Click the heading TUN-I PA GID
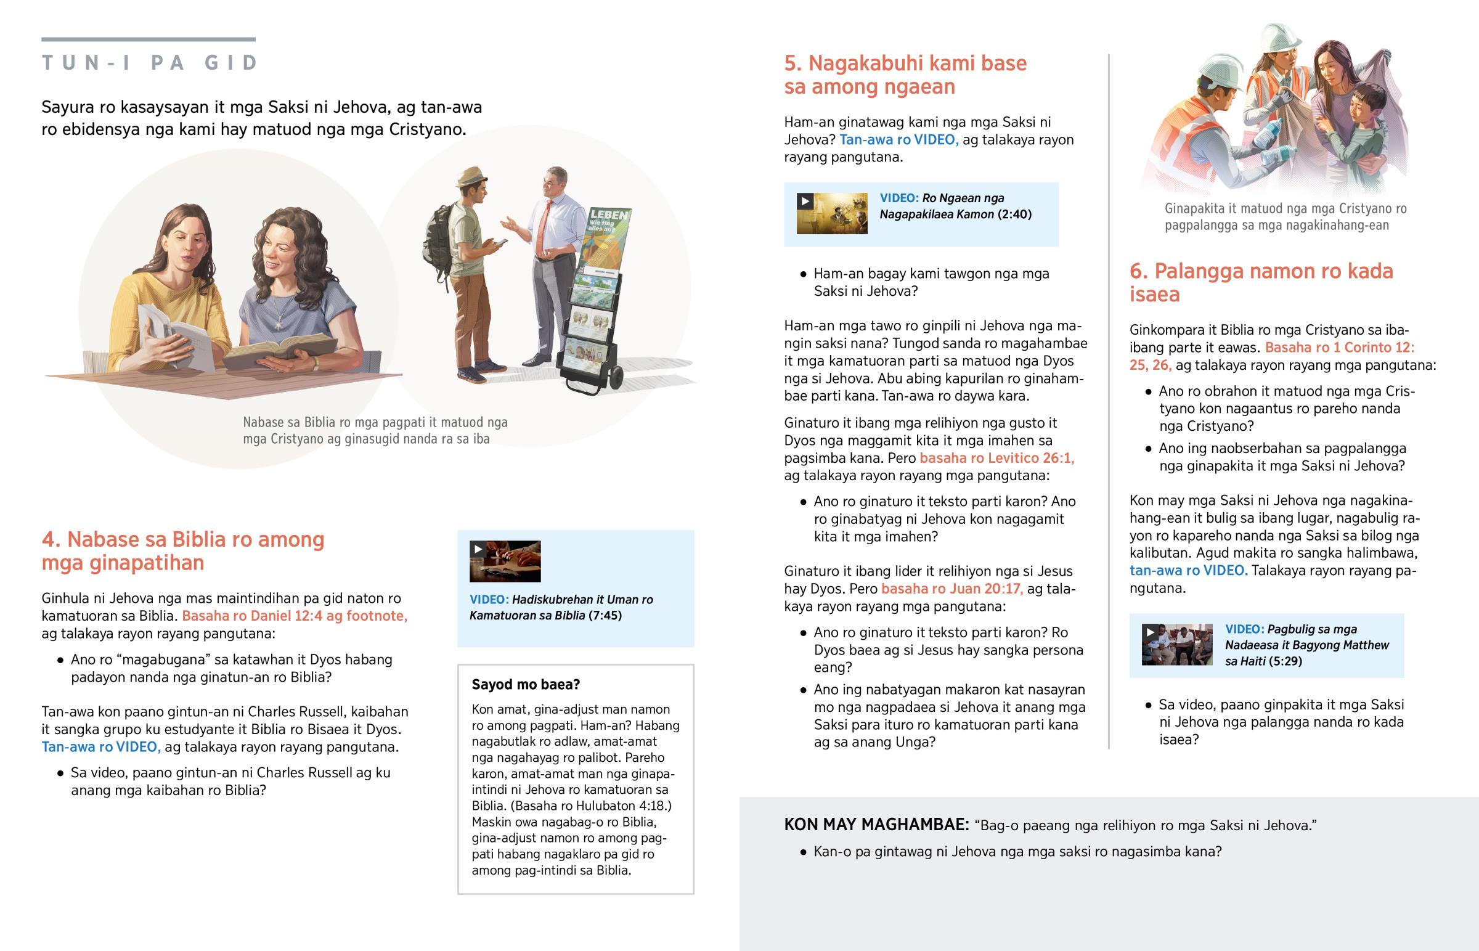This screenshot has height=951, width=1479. pyautogui.click(x=149, y=63)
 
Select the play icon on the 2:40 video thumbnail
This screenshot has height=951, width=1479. pyautogui.click(x=805, y=202)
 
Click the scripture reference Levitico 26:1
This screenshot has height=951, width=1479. pyautogui.click(x=996, y=458)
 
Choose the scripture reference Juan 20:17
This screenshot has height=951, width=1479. pyautogui.click(x=952, y=589)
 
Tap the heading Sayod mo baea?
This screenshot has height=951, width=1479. pyautogui.click(x=526, y=684)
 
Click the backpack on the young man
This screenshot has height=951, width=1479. pyautogui.click(x=437, y=241)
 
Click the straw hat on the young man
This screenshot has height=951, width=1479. pyautogui.click(x=472, y=177)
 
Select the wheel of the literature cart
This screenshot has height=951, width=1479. pyautogui.click(x=616, y=378)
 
